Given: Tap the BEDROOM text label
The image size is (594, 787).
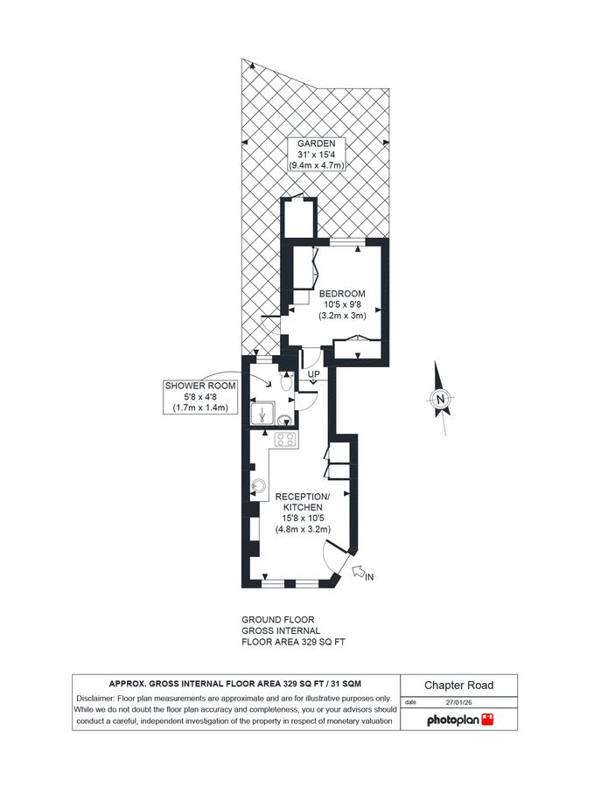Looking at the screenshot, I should point(341,293).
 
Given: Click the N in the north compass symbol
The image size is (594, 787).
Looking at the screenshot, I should point(442,400).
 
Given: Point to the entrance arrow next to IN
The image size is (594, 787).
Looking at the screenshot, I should point(358,572).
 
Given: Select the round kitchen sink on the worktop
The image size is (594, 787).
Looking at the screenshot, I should point(259,487).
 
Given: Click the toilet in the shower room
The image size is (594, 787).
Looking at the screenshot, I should point(285,383).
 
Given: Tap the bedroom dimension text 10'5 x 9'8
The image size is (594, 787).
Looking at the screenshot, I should point(341,304).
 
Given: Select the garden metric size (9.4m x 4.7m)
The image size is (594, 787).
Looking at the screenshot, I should point(315,165).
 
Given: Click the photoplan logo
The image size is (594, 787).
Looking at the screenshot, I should point(460,720).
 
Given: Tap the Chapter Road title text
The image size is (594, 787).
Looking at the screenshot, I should point(459,686).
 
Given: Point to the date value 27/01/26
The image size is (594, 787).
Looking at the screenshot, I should point(459,701).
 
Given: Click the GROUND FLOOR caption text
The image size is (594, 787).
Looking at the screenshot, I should point(277,619).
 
